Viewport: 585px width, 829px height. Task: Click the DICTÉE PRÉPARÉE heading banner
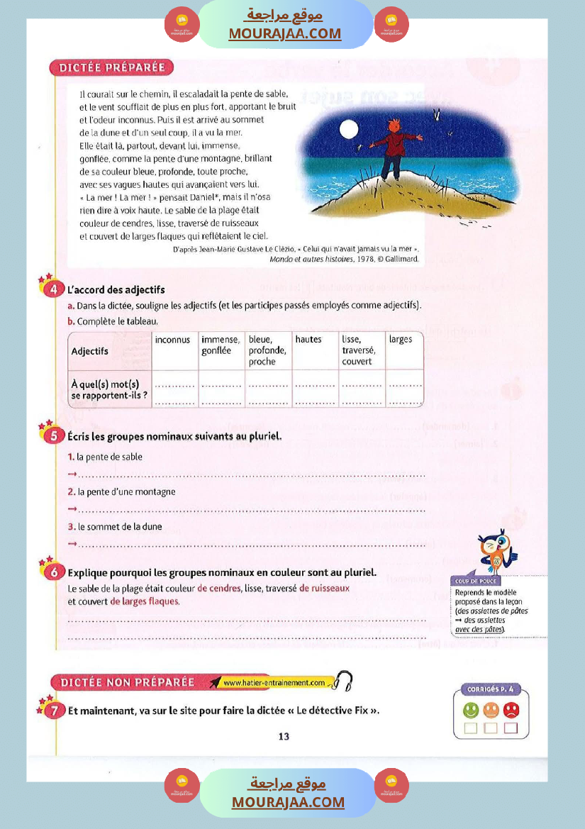[x=111, y=68]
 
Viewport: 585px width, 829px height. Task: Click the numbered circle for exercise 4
[x=54, y=290]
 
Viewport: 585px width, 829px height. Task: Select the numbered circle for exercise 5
[x=54, y=436]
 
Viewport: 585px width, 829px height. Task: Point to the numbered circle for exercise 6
[x=54, y=572]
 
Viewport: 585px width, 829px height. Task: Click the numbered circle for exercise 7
[x=54, y=711]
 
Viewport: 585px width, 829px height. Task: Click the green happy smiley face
[x=470, y=709]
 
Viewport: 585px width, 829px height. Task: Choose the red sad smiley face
[x=511, y=709]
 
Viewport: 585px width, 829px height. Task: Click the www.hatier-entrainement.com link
[x=274, y=683]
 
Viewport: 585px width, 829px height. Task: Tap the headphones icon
[x=344, y=681]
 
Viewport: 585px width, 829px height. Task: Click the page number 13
[x=284, y=737]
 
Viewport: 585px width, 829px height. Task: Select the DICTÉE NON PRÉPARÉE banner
[x=128, y=682]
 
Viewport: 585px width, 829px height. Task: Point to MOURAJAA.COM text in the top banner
[x=284, y=33]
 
